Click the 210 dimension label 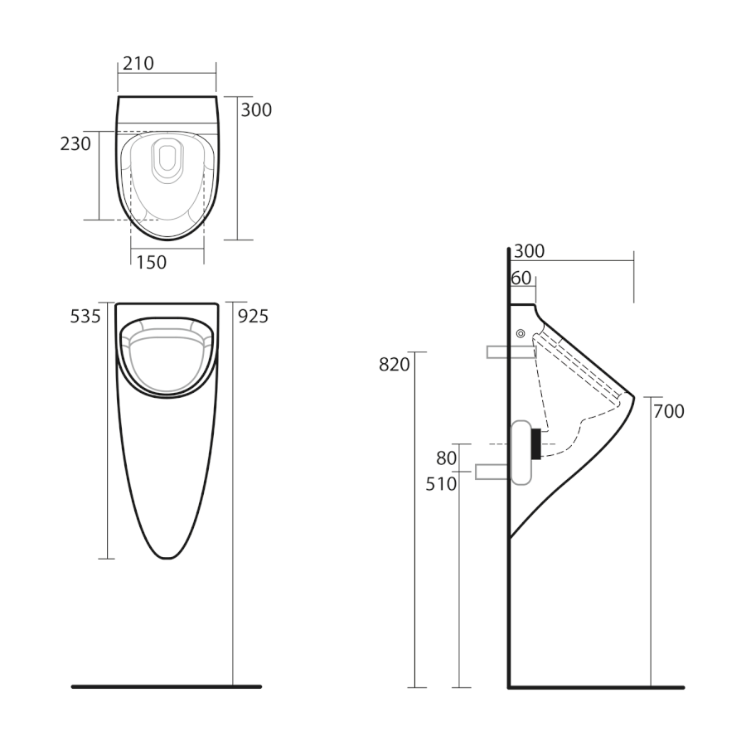click(x=138, y=63)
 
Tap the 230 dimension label click(x=75, y=143)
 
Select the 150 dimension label click(x=152, y=263)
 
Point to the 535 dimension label click(x=85, y=317)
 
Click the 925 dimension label click(x=253, y=317)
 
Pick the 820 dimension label click(x=395, y=365)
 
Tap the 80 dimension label click(x=446, y=458)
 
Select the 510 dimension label click(x=441, y=484)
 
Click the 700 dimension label click(x=669, y=411)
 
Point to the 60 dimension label click(x=521, y=279)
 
